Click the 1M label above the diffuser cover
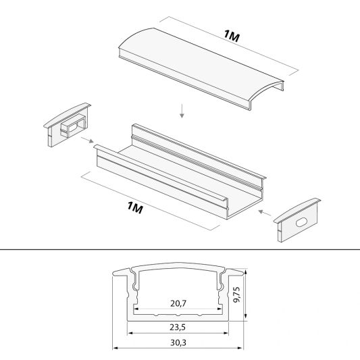point(230,37)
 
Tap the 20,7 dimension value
point(178,303)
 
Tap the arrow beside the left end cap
point(86,141)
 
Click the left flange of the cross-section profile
point(120,271)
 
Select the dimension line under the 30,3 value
point(178,349)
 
